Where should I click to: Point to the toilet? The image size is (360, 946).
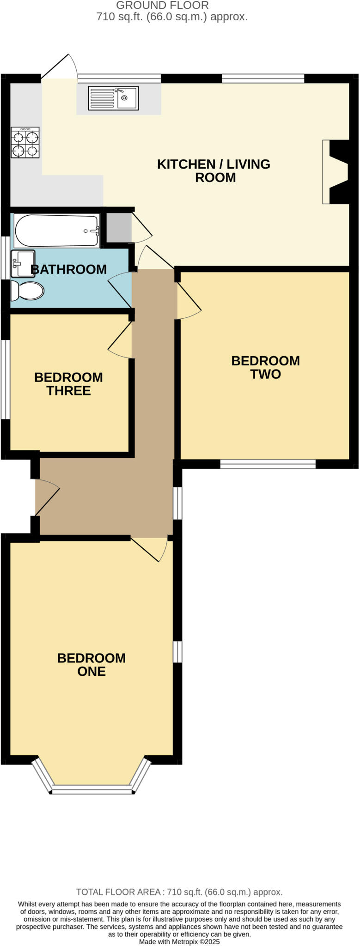pyautogui.click(x=27, y=291)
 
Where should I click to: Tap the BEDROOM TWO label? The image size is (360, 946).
pyautogui.click(x=265, y=367)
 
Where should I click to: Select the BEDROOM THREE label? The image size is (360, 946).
pyautogui.click(x=68, y=384)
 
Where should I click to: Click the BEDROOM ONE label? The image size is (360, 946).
pyautogui.click(x=92, y=664)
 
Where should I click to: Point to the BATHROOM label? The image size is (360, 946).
pyautogui.click(x=68, y=269)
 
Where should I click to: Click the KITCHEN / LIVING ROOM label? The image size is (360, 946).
pyautogui.click(x=214, y=170)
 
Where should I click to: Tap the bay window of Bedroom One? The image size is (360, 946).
pyautogui.click(x=92, y=790)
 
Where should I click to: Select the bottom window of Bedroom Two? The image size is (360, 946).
pyautogui.click(x=268, y=464)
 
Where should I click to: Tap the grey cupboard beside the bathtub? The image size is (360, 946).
pyautogui.click(x=119, y=228)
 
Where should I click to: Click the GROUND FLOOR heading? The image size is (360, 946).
pyautogui.click(x=162, y=6)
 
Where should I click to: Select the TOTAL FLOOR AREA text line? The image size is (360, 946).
pyautogui.click(x=179, y=892)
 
